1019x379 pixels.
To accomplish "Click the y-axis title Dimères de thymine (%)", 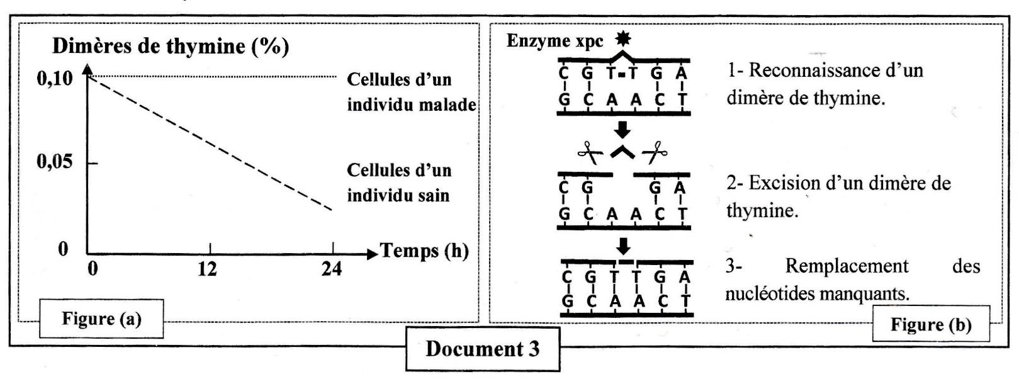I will coord(170,46).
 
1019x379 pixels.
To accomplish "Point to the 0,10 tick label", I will coord(55,79).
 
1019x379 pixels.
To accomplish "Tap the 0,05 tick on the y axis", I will coord(55,162).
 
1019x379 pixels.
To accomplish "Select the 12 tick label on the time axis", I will coord(207,269).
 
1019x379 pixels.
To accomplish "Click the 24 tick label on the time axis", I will coord(332,269).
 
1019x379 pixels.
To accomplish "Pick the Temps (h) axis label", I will coord(425,251).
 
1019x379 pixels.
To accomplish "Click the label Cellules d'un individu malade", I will coord(411,92).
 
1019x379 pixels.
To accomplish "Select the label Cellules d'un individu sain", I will coord(399,183).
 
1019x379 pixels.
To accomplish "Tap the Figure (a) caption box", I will coord(101,319).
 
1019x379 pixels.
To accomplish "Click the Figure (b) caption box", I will coord(930,325).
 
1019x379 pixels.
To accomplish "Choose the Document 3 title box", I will coord(482,349).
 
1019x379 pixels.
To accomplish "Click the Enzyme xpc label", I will coord(555,41).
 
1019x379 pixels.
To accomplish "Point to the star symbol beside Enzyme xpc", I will coord(622,39).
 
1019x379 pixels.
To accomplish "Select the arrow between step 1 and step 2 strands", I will coord(622,129).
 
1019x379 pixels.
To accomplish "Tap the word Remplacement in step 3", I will coord(847,266).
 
